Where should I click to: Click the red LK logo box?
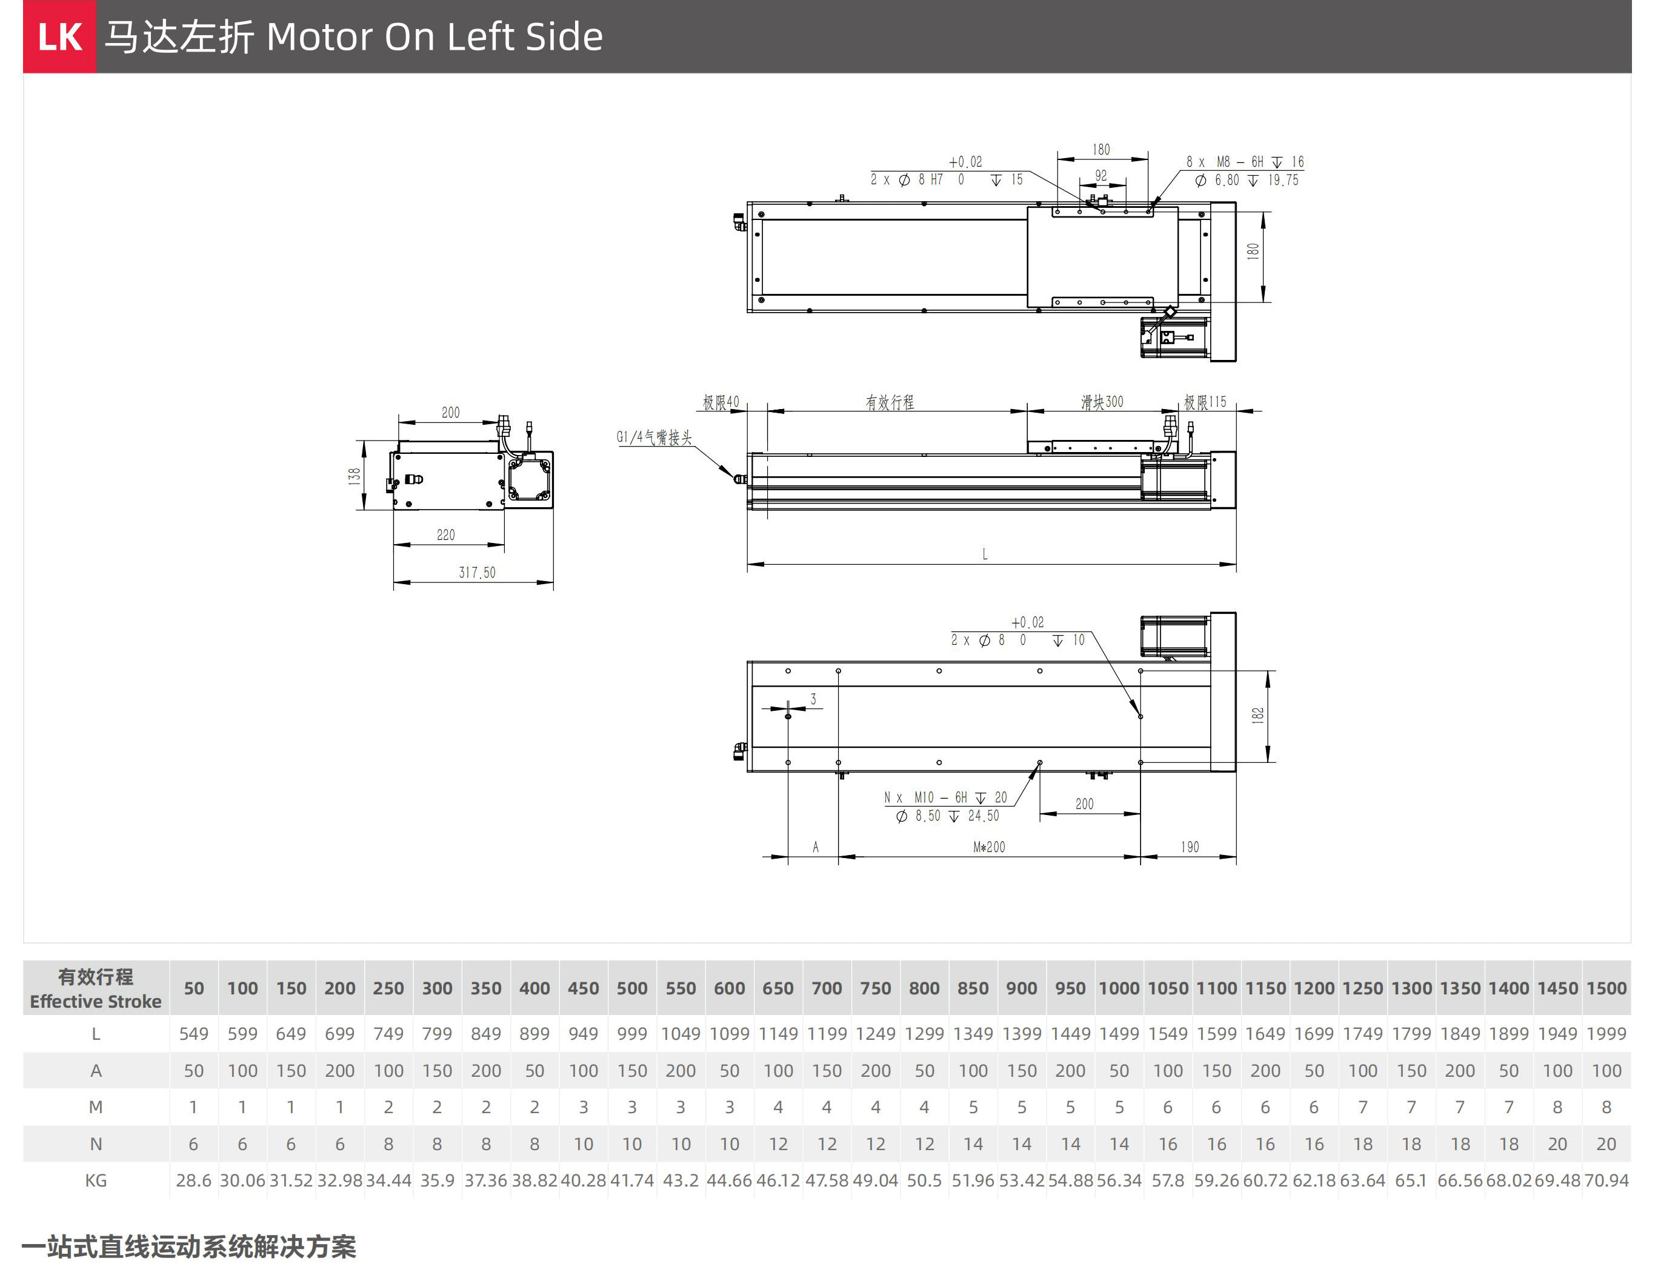59,36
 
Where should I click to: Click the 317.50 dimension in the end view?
477,573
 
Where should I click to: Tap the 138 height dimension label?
355,476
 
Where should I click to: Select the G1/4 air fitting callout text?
654,437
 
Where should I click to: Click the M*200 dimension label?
989,847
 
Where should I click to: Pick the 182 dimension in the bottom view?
1258,715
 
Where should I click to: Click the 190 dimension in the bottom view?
1190,847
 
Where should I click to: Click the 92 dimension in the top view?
1101,176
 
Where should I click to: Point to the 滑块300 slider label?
1102,402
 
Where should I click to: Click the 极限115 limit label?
1205,402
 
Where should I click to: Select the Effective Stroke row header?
96,988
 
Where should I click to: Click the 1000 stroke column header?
1119,988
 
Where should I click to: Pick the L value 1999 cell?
1606,1034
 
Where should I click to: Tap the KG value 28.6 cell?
193,1180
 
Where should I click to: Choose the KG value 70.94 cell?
1606,1180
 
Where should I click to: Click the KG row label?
96,1180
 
